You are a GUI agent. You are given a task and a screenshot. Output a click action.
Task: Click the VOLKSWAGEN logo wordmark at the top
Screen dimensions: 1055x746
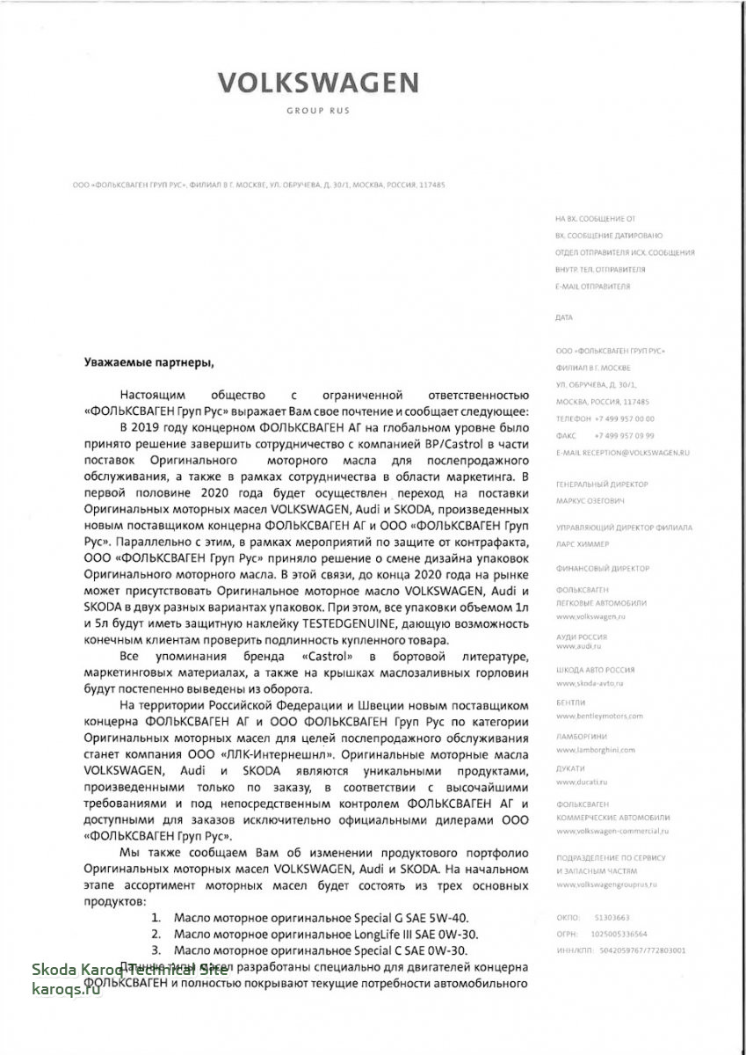pyautogui.click(x=317, y=84)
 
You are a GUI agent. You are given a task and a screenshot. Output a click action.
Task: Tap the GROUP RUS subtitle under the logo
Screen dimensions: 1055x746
pyautogui.click(x=317, y=112)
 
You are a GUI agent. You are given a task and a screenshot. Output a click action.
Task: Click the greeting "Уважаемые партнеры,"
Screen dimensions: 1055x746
pyautogui.click(x=148, y=361)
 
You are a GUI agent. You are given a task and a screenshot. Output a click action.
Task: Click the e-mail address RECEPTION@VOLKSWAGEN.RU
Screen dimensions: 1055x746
pyautogui.click(x=632, y=451)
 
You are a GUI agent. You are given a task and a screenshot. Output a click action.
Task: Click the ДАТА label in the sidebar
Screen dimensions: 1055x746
pyautogui.click(x=564, y=317)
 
